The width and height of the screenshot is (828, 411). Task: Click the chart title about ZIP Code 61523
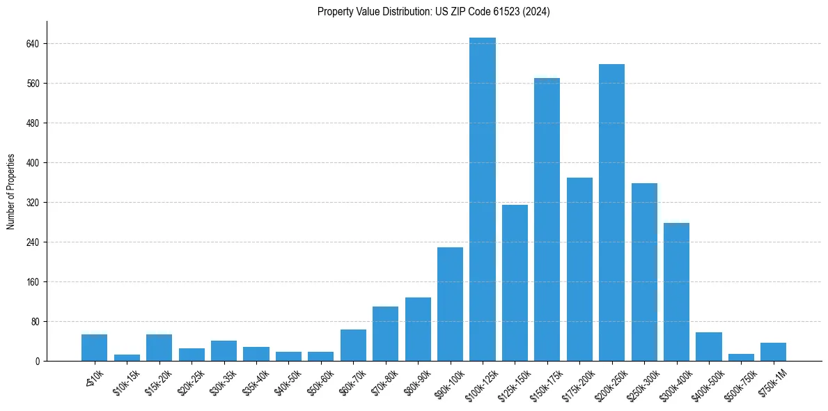point(433,12)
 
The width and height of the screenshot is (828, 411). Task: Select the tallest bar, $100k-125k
point(483,199)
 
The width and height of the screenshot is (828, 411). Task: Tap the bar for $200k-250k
point(611,212)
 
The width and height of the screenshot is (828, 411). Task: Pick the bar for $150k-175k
point(547,219)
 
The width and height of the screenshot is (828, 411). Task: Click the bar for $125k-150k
point(515,283)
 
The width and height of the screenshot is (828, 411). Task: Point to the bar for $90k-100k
point(450,304)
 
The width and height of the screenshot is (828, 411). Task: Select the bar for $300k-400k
point(676,292)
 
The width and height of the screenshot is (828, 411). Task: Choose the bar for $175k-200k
point(579,270)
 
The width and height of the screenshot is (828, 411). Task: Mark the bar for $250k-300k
point(644,272)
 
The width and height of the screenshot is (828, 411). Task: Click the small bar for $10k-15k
point(127,358)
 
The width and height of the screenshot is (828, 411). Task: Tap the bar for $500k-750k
point(741,357)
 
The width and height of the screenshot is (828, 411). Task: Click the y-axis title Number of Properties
point(11,192)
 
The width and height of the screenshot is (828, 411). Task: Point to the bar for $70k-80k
point(385,334)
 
